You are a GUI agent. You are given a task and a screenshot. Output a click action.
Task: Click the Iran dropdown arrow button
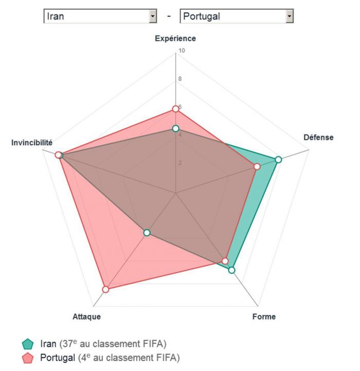[x=152, y=16]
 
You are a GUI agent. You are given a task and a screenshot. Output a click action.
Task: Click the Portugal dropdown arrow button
[x=289, y=16]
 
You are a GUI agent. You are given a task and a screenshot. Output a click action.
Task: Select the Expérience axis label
[x=175, y=38]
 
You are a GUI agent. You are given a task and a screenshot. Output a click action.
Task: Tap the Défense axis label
[x=318, y=137]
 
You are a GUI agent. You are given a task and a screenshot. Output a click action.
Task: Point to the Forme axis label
[x=264, y=316]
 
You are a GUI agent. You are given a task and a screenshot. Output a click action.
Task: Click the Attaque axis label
[x=86, y=316]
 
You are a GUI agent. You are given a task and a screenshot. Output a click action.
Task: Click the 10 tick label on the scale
[x=181, y=51]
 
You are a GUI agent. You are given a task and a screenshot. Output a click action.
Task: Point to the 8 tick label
[x=180, y=79]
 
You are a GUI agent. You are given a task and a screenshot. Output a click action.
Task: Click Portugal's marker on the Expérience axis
[x=175, y=109]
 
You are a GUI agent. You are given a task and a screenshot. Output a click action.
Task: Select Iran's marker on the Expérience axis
[x=175, y=128]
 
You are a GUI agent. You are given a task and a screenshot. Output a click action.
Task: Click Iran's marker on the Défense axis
[x=278, y=160]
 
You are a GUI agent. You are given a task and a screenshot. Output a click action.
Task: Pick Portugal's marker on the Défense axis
[x=257, y=167]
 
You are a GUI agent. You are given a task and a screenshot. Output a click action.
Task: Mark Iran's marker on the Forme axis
[x=231, y=270]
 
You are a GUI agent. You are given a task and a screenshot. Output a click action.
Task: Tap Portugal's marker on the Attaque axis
[x=105, y=290]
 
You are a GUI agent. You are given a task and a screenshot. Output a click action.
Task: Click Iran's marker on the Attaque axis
[x=147, y=233]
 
